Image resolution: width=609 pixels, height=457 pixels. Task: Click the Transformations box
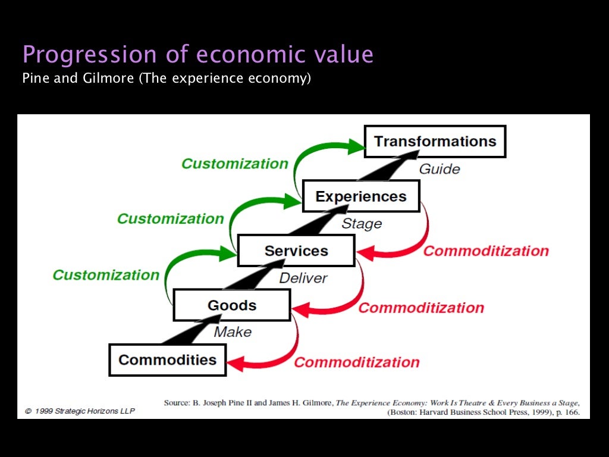[x=435, y=142]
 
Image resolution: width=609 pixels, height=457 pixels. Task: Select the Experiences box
[x=361, y=196]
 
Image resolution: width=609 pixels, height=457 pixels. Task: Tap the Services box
[x=296, y=251]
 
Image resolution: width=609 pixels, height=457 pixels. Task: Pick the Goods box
[x=231, y=305]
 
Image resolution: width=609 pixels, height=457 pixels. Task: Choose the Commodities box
[x=167, y=360]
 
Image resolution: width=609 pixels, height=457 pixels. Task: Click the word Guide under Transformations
[x=440, y=169]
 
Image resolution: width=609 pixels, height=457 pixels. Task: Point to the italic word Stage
[x=362, y=224]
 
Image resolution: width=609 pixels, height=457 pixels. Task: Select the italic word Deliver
[x=303, y=278]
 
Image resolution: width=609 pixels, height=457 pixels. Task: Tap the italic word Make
[x=233, y=332]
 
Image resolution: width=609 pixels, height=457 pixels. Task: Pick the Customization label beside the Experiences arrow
[x=171, y=219]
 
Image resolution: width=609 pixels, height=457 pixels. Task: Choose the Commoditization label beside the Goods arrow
[x=421, y=308]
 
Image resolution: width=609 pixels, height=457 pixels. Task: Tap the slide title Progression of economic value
[x=198, y=55]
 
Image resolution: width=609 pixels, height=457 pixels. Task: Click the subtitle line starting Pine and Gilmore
[x=167, y=78]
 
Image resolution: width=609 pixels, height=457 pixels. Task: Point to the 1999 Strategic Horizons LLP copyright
[x=80, y=411]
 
